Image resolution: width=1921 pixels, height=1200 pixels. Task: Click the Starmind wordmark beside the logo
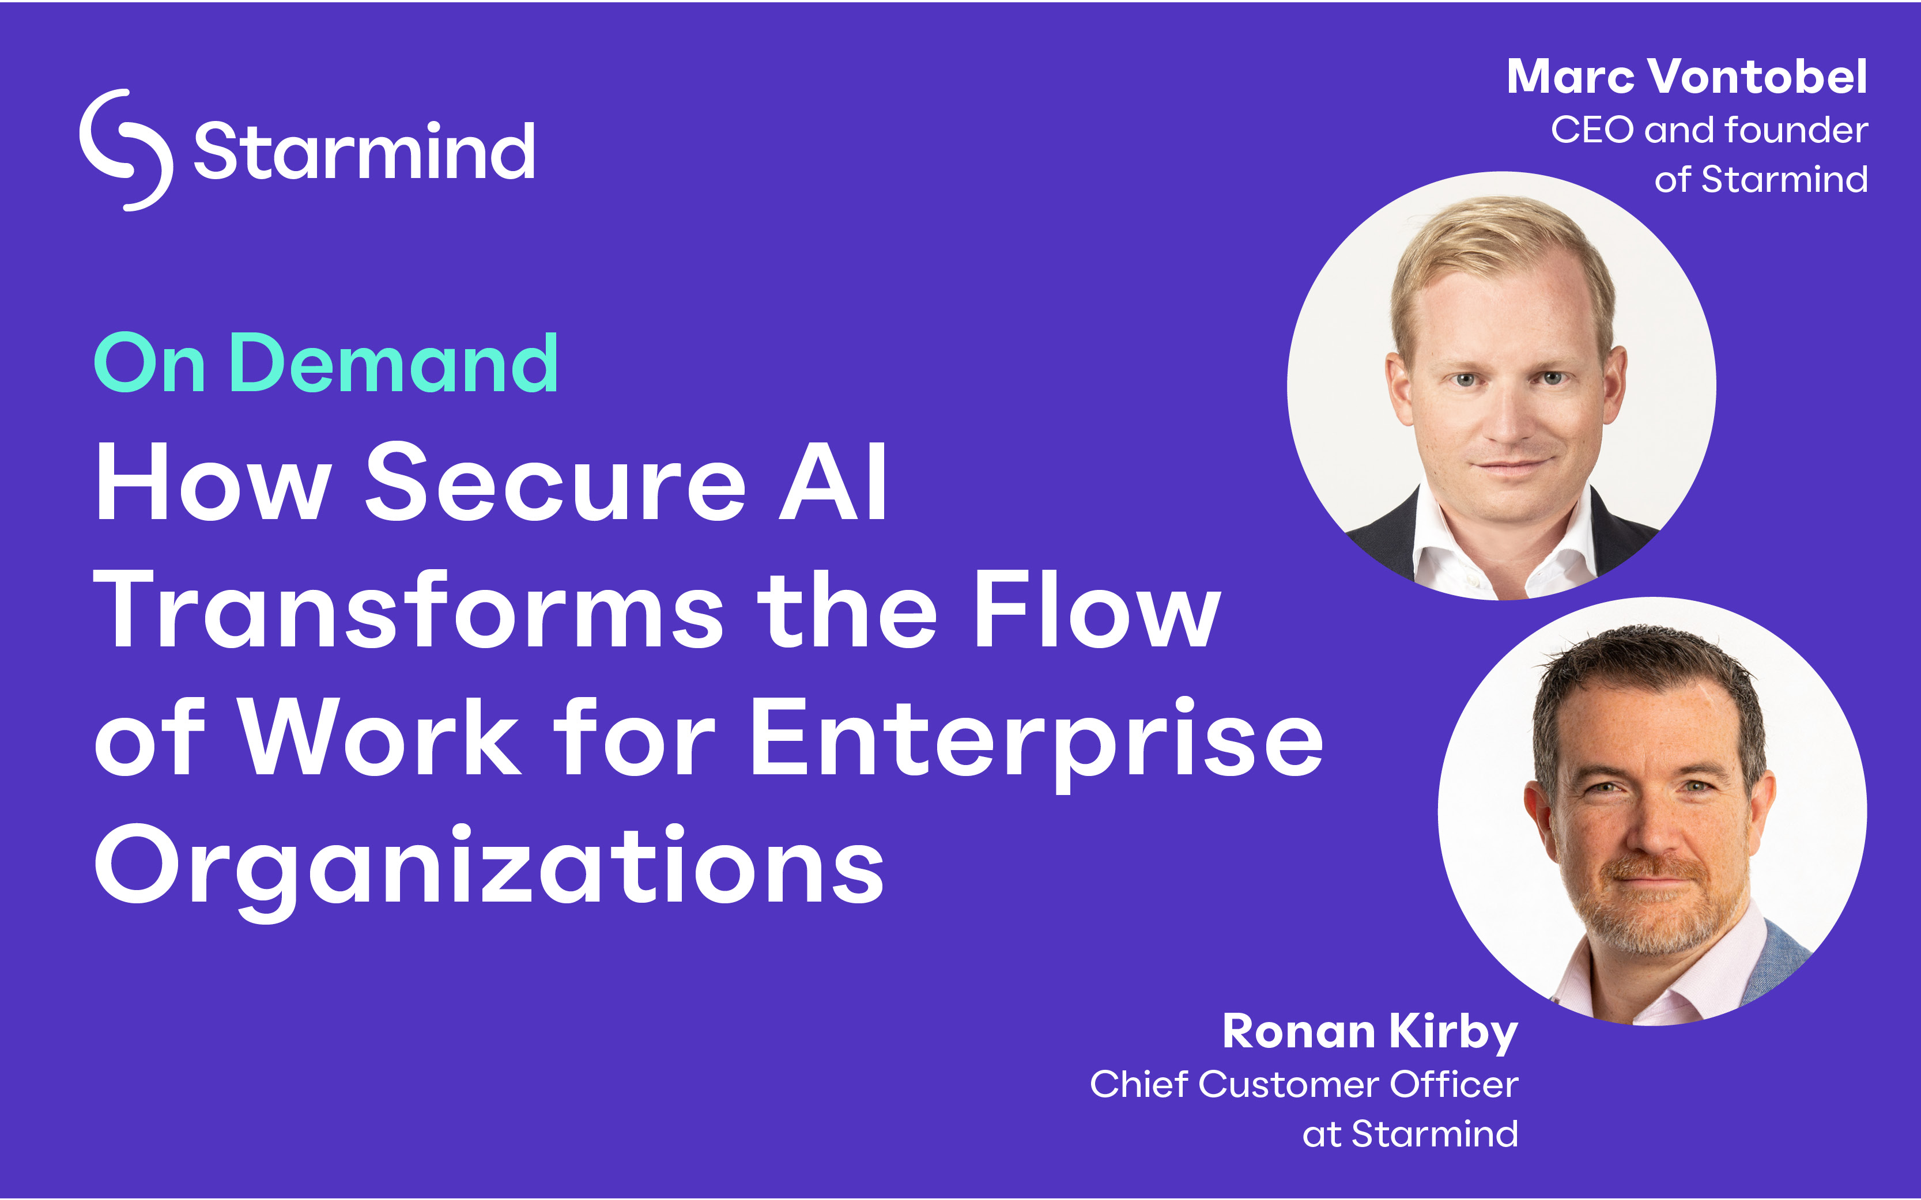(364, 151)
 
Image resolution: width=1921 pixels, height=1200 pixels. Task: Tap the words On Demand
(326, 364)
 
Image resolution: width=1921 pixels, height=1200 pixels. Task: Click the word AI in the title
(833, 483)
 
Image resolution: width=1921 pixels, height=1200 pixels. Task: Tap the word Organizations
(489, 870)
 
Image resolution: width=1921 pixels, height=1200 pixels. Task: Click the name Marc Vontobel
(1687, 77)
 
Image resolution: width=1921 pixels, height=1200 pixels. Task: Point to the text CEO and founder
(1709, 130)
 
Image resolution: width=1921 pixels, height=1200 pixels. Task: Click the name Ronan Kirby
(1370, 1032)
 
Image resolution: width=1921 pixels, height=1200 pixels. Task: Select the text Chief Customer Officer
(1303, 1084)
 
